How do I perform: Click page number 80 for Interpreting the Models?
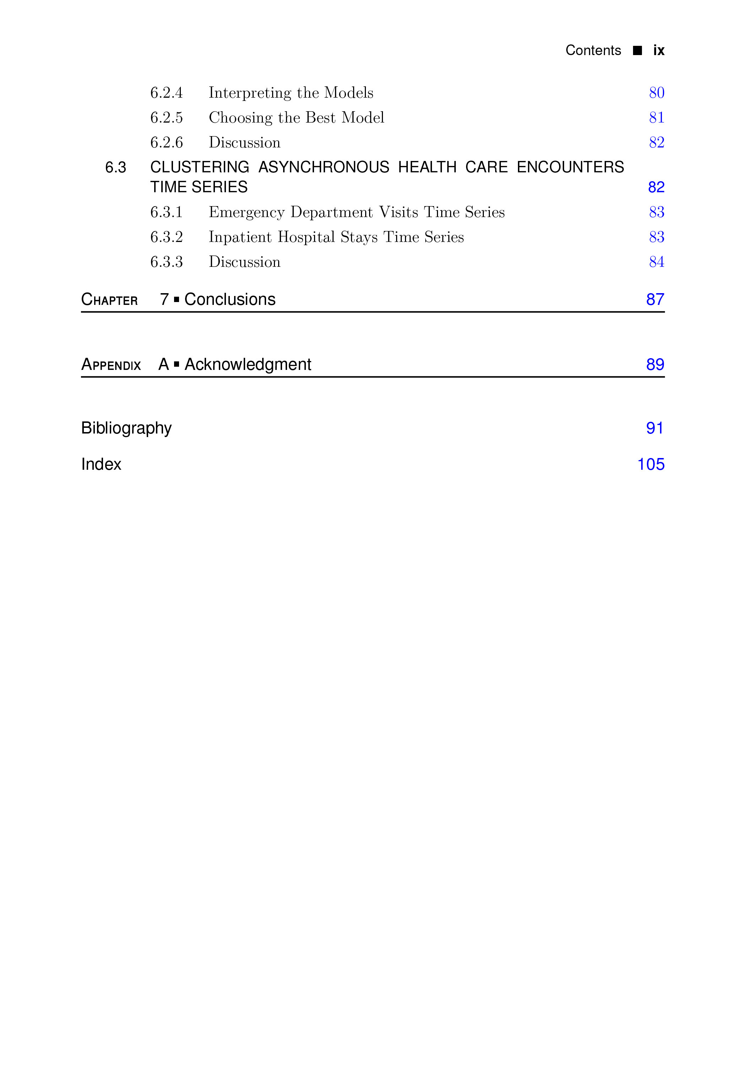[656, 93]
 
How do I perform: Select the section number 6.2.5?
[166, 118]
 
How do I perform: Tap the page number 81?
[656, 118]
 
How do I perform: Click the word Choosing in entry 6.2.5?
[240, 118]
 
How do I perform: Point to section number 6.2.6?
[166, 142]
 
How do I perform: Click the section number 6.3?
[115, 167]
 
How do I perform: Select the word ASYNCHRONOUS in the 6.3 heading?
[324, 167]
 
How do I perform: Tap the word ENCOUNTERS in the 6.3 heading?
[570, 167]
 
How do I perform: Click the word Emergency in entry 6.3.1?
[247, 212]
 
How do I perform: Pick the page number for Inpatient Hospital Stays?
[656, 237]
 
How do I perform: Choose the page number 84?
[656, 262]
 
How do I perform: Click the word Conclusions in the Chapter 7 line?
[230, 300]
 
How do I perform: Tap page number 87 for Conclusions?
[655, 300]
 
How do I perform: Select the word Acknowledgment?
[248, 365]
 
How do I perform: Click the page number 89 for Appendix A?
[655, 365]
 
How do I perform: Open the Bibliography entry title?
[126, 427]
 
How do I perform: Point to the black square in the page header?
[637, 50]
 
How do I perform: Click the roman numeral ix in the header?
[658, 50]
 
